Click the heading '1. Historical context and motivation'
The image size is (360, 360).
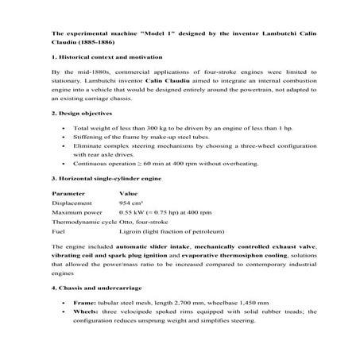pyautogui.click(x=106, y=58)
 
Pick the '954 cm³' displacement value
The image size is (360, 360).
pyautogui.click(x=131, y=203)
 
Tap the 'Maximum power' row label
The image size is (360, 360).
pyautogui.click(x=77, y=213)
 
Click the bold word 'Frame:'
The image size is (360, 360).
pyautogui.click(x=84, y=303)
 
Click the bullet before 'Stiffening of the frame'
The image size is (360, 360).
pyautogui.click(x=63, y=137)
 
